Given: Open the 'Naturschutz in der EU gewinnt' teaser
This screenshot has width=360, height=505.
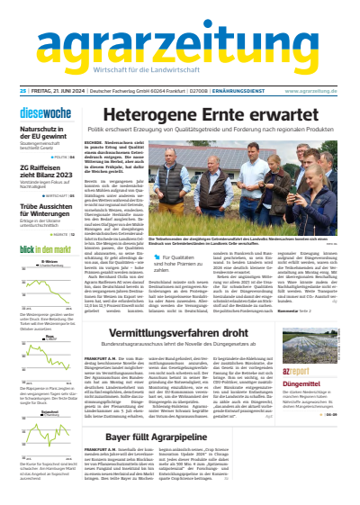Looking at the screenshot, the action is pyautogui.click(x=44, y=112).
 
